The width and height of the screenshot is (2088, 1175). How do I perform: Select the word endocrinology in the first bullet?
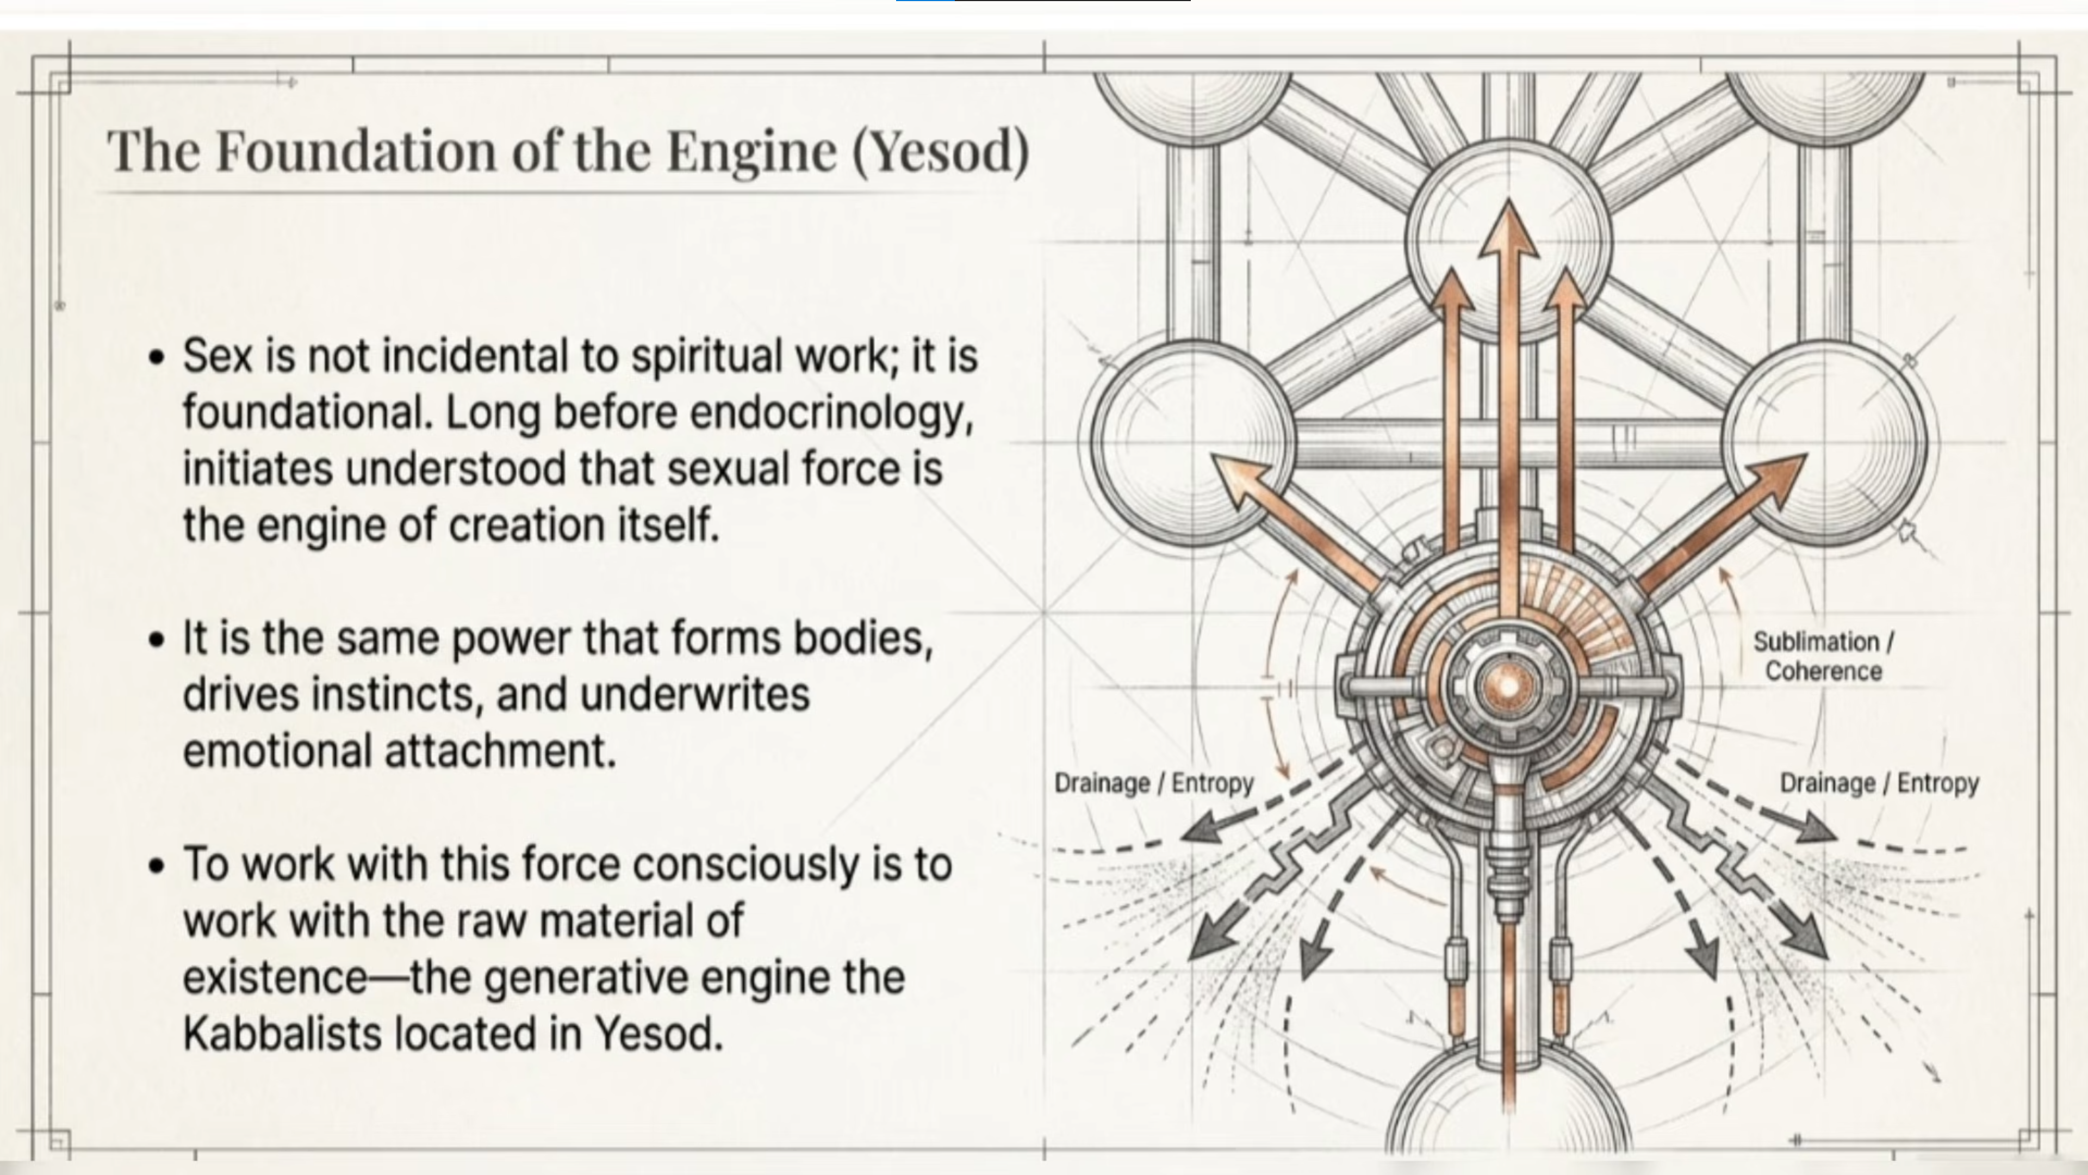point(831,413)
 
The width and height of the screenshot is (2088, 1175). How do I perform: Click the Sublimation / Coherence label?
point(1823,657)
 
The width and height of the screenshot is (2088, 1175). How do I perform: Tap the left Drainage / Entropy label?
point(1153,783)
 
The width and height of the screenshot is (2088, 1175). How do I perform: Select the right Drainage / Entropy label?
point(1879,783)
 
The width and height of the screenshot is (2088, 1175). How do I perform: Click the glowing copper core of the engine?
point(1508,686)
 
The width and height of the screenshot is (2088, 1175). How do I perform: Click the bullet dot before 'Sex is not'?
point(157,357)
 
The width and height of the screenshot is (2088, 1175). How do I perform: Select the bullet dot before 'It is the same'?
point(157,640)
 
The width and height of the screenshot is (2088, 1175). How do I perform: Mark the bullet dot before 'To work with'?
point(157,866)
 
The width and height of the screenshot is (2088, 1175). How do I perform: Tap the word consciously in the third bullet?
point(745,864)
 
